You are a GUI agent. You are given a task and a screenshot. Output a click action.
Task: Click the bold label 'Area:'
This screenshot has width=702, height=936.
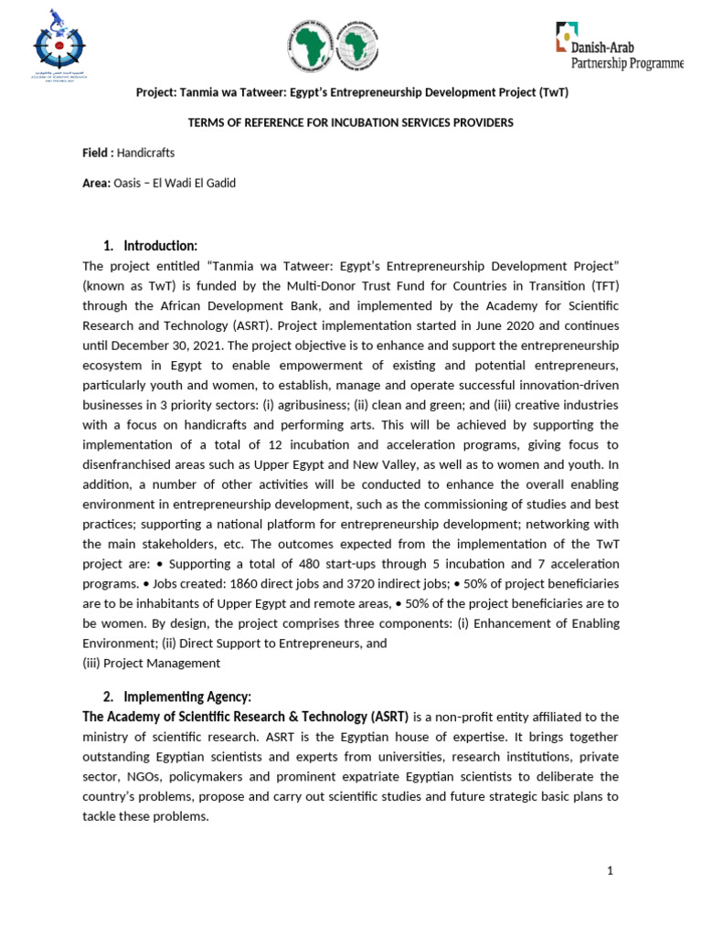[96, 183]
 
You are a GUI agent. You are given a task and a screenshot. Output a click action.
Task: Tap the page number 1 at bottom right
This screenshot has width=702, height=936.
[610, 871]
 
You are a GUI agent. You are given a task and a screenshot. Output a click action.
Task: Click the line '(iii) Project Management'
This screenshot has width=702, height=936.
[151, 663]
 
